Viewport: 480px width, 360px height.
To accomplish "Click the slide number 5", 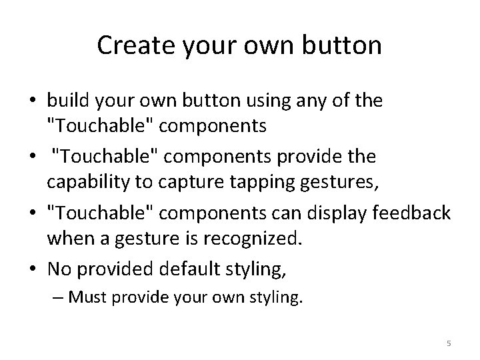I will pyautogui.click(x=449, y=343).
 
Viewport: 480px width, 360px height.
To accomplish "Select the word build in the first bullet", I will pyautogui.click(x=64, y=101).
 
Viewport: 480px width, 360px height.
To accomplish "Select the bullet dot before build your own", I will pyautogui.click(x=33, y=101).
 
